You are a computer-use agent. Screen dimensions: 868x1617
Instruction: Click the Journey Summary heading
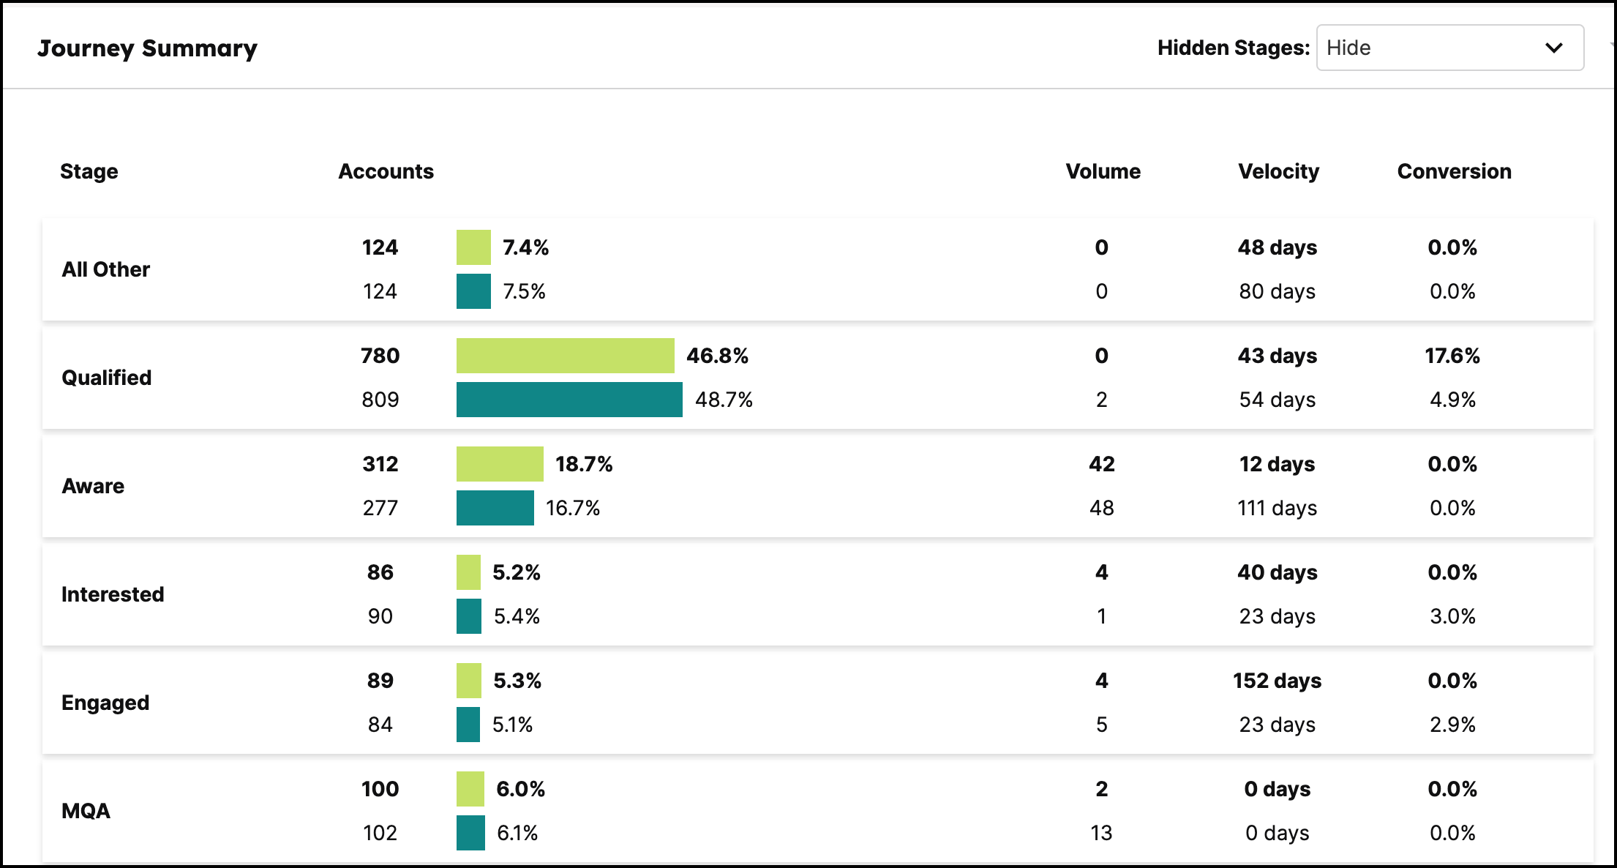(147, 48)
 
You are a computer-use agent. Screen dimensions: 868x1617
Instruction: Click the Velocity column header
(1278, 171)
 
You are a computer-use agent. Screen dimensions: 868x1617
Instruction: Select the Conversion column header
(1454, 171)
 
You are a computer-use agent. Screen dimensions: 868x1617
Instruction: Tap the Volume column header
(1103, 171)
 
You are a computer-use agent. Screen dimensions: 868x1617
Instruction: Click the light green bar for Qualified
(565, 356)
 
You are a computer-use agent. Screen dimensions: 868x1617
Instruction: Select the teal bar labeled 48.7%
(569, 400)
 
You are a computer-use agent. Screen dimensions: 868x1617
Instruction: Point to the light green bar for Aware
(500, 464)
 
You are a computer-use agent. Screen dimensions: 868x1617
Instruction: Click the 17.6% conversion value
(1452, 356)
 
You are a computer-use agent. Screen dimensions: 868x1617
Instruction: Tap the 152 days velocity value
(1277, 681)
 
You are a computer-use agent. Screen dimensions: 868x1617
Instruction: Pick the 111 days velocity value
(1277, 508)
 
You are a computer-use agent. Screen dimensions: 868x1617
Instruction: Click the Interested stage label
(113, 594)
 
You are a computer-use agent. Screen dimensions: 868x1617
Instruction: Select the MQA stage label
(86, 811)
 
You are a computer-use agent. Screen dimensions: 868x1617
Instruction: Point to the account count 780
(380, 356)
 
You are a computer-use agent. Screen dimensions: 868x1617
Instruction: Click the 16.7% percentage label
(572, 508)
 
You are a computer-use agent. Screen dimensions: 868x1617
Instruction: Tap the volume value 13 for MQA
(1101, 833)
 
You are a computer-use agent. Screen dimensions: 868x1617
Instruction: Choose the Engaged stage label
(105, 703)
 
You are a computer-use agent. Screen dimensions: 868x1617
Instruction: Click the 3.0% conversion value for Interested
(1452, 616)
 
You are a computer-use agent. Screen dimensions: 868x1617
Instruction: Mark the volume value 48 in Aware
(1101, 508)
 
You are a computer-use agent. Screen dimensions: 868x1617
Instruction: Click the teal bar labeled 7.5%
(473, 291)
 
